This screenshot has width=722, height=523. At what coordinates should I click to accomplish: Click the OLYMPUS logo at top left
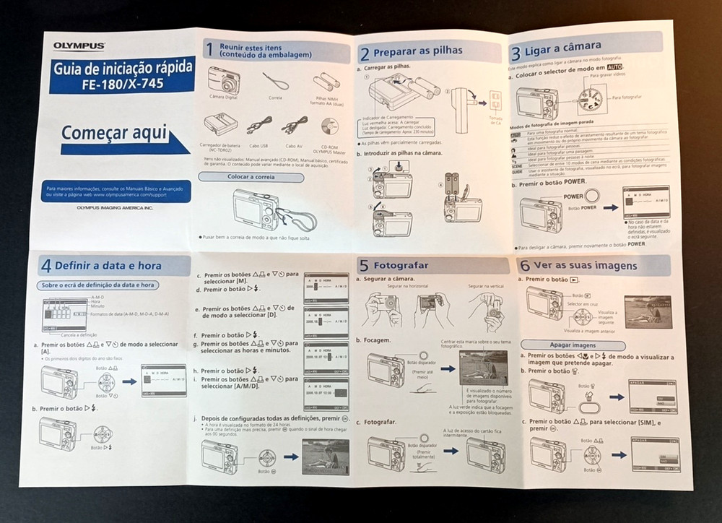(79, 46)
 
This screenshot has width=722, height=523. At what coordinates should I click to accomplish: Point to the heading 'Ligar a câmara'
(567, 52)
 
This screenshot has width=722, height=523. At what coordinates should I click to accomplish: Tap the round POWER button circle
(591, 196)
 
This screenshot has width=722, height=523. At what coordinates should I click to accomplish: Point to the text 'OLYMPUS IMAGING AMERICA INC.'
(116, 208)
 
